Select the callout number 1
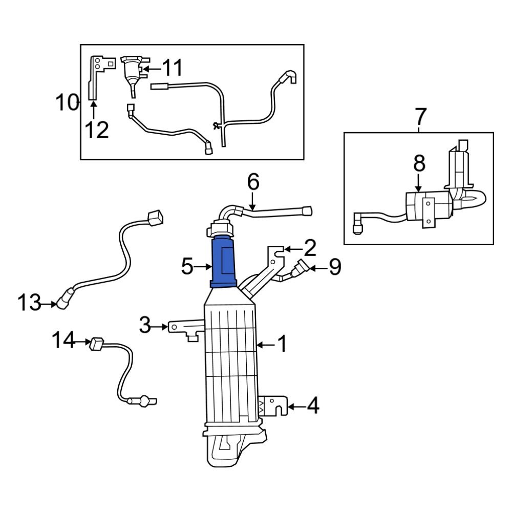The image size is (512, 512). [282, 345]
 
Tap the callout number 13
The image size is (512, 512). [29, 303]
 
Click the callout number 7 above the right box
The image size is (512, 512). [420, 117]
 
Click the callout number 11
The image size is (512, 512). [172, 68]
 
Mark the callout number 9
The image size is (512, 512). [334, 267]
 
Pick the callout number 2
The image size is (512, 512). [309, 249]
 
